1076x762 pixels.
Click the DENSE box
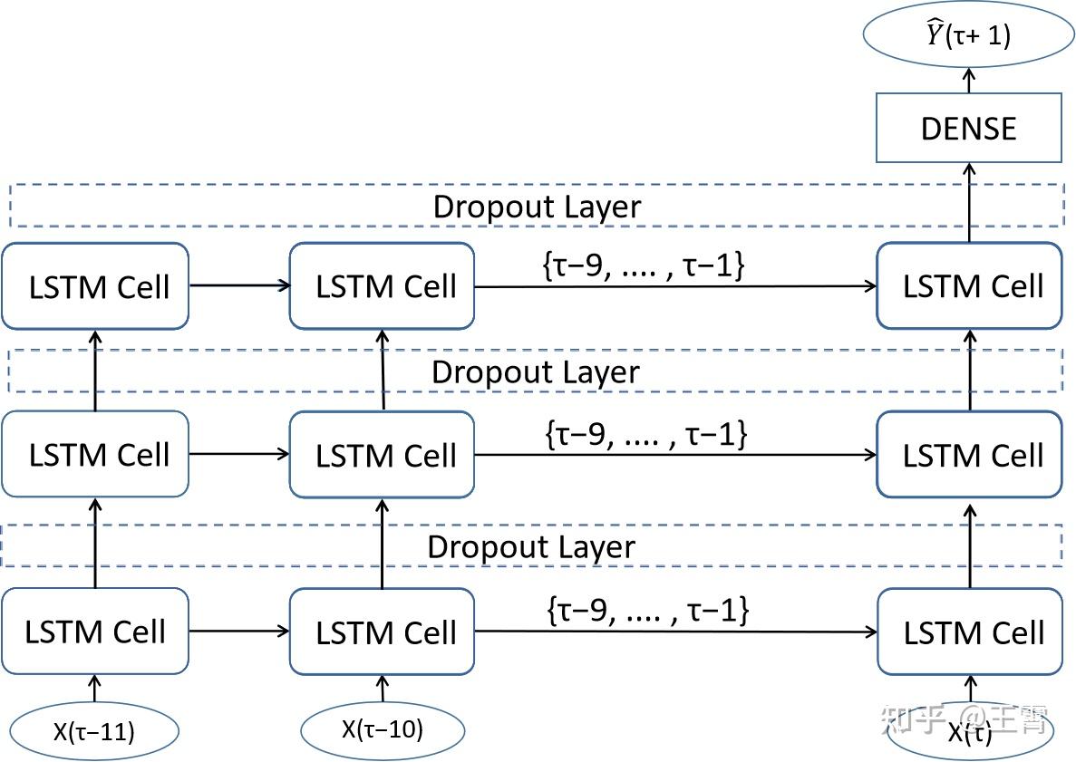968,128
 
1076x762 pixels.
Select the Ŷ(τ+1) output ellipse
968,35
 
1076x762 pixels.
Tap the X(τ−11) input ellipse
93,730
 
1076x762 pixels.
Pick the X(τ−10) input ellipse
382,728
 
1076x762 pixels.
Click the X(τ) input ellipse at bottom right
969,732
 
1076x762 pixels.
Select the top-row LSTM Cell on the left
95,286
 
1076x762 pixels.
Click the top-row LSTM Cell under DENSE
969,286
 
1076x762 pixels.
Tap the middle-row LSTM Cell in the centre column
382,454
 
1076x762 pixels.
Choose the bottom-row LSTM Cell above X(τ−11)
95,631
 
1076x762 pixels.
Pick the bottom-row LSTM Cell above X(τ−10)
382,631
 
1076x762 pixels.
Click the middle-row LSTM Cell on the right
969,454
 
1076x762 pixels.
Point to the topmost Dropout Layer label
537,207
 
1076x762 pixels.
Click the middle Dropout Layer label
535,372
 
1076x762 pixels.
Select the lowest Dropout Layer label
531,547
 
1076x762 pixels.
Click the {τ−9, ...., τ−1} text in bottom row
648,610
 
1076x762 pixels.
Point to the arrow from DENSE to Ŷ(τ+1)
968,80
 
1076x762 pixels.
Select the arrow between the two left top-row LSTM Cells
238,286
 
